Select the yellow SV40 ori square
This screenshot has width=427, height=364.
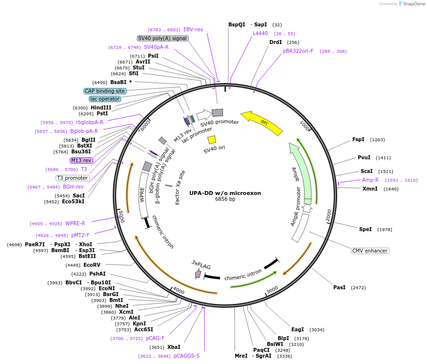point(212,140)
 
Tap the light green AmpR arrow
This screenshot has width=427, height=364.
point(302,172)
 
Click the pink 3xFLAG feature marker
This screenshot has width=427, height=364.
point(198,274)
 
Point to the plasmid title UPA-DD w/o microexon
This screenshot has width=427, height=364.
point(225,193)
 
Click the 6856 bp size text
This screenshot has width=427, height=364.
point(225,199)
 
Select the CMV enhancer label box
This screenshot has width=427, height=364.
point(370,251)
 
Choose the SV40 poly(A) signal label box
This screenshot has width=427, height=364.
point(163,39)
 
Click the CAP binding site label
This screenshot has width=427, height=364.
point(105,91)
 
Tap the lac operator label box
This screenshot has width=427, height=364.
point(105,99)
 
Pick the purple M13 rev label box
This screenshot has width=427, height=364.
point(81,160)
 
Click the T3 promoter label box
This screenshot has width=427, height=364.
point(72,178)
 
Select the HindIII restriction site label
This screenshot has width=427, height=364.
point(101,107)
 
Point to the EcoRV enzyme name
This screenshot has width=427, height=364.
point(92,265)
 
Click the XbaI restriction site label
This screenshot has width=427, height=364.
point(174,347)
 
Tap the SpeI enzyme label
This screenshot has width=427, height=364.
point(365,229)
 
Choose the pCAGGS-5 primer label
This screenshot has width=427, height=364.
point(186,356)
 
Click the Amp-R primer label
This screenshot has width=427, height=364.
point(370,180)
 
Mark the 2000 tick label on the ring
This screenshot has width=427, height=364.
point(329,215)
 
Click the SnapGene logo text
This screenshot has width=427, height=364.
point(414,4)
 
